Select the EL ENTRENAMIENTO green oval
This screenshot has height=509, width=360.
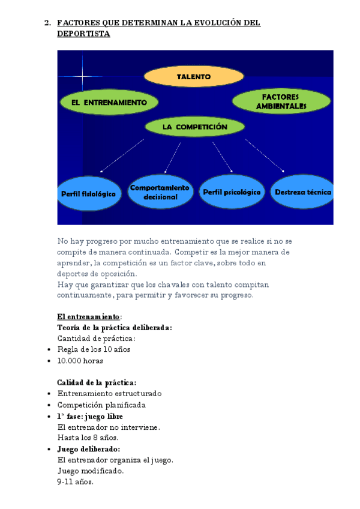tap(109, 103)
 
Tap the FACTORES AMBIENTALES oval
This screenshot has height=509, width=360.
tap(281, 101)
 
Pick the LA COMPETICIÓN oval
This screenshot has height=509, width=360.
tap(194, 127)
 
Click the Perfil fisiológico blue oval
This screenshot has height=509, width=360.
tap(88, 193)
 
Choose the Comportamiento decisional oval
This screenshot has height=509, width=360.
tap(160, 192)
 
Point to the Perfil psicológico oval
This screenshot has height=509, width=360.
tap(232, 192)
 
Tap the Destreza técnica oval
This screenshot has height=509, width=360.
tap(302, 192)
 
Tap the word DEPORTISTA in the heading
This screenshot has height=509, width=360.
tap(83, 34)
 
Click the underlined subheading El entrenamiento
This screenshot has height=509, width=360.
tap(88, 316)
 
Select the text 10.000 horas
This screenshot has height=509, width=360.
tap(80, 361)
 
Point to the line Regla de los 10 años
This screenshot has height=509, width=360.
tap(94, 349)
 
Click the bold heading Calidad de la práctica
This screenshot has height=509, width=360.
tap(97, 382)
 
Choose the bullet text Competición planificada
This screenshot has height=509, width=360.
tap(101, 405)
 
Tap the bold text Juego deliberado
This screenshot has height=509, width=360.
tap(88, 448)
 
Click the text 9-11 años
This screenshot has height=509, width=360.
tap(76, 481)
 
